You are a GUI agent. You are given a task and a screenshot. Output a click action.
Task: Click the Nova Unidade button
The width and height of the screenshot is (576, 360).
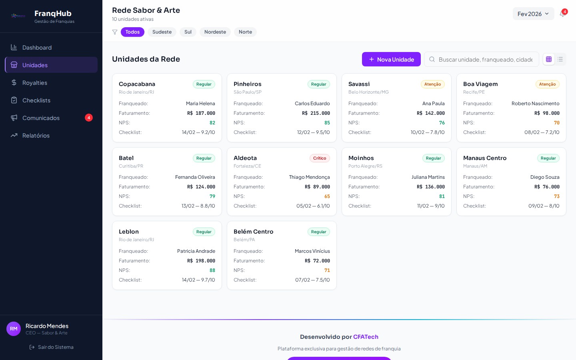pos(391,59)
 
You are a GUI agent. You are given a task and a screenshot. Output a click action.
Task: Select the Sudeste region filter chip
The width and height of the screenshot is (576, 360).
pos(162,32)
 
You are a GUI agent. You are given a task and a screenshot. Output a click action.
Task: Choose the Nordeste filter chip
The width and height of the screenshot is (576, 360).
pos(215,32)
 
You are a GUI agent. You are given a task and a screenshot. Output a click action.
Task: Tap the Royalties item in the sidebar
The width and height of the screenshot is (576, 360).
pos(35,83)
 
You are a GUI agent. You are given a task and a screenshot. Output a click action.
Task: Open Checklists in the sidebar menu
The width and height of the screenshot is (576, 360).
pos(36,100)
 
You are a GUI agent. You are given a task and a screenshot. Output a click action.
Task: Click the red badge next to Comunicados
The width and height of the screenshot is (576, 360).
pos(89,118)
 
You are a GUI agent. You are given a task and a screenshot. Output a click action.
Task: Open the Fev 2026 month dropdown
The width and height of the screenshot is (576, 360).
pos(533,14)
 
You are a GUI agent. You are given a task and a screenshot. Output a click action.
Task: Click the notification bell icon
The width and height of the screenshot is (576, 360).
pos(562,14)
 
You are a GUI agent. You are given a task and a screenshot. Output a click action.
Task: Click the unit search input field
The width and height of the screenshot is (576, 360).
pos(485,60)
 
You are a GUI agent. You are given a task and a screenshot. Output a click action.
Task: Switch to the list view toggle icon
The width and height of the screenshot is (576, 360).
pos(560,59)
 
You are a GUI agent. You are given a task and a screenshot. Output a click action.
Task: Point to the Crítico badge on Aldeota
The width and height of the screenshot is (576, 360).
pos(320,158)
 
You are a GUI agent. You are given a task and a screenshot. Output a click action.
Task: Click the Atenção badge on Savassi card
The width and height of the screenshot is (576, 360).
pos(432,84)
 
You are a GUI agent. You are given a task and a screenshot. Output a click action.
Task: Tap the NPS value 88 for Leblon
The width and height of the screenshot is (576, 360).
pos(212,270)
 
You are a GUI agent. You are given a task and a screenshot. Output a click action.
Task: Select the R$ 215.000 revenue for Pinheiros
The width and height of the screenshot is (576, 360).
pos(316,113)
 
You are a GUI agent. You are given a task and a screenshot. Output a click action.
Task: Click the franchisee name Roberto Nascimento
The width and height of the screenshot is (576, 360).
pos(535,104)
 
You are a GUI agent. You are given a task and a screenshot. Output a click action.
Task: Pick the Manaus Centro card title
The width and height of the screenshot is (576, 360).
pos(485,158)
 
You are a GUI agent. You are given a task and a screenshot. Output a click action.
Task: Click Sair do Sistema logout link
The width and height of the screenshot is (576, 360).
pos(52,347)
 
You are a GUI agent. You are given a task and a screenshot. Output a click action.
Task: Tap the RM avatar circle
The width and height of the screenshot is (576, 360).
pos(14,329)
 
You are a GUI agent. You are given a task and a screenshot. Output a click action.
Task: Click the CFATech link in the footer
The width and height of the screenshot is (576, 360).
pos(366,337)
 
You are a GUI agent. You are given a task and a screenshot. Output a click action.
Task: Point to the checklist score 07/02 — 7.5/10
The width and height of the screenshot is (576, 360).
pos(312,280)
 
